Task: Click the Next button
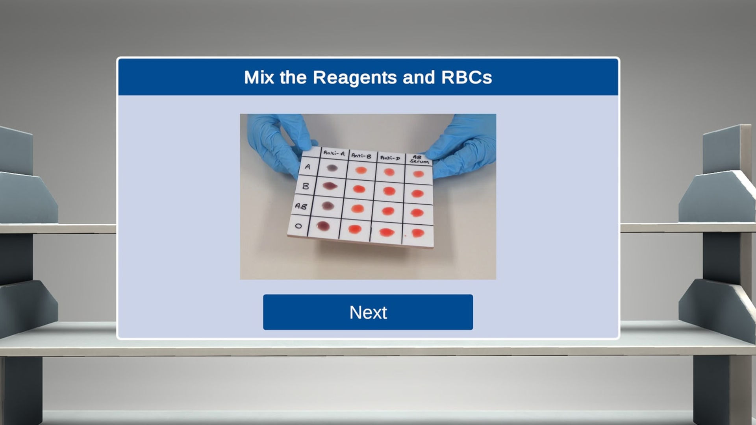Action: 368,312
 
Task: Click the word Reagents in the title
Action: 355,77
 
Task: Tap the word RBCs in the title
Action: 467,77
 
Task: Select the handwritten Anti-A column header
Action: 334,153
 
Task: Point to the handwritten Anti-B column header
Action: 361,156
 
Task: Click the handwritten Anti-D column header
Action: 390,158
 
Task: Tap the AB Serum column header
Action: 419,159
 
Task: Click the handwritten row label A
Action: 308,166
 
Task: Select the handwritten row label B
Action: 305,186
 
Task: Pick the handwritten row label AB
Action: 301,206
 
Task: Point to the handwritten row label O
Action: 298,226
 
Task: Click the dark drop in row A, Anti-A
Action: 332,168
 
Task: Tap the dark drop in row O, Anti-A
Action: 323,226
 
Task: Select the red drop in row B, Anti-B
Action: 359,189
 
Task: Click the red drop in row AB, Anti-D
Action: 388,211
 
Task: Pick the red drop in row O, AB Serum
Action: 417,233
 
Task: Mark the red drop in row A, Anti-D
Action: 389,172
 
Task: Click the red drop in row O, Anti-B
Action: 355,229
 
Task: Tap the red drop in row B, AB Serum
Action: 417,194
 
